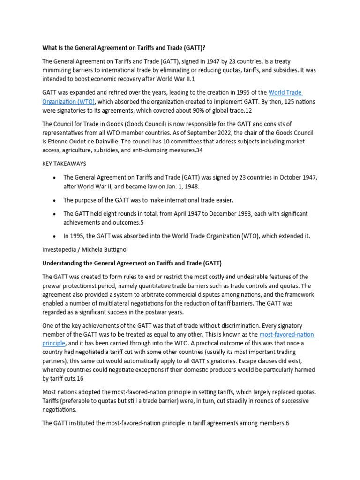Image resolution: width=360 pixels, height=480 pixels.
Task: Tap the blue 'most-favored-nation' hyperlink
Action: click(287, 334)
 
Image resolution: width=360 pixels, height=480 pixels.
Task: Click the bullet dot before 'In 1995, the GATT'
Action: click(55, 236)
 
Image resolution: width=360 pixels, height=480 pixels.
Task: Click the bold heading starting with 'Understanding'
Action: click(132, 262)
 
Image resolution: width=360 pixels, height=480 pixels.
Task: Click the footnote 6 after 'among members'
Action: click(287, 423)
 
